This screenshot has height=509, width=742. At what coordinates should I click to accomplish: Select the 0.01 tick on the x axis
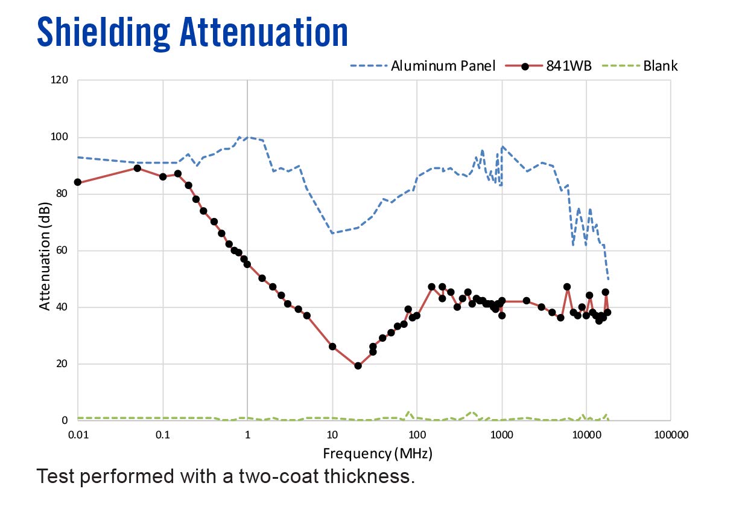pyautogui.click(x=77, y=434)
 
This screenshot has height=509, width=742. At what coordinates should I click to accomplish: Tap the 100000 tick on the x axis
pyautogui.click(x=671, y=434)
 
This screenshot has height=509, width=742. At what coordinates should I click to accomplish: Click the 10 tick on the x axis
pyautogui.click(x=332, y=434)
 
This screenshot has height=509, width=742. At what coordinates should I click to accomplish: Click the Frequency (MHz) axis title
pyautogui.click(x=377, y=453)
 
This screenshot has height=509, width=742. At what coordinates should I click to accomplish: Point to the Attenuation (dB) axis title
pyautogui.click(x=45, y=256)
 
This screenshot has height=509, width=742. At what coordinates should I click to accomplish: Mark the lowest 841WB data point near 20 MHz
pyautogui.click(x=358, y=365)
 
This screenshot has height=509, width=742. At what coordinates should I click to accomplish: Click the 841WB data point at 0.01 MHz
pyautogui.click(x=77, y=182)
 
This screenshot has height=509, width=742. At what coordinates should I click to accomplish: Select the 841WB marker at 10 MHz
pyautogui.click(x=332, y=347)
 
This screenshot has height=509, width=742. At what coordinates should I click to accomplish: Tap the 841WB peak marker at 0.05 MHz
pyautogui.click(x=137, y=168)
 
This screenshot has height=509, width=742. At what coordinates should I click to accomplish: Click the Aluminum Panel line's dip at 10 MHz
pyautogui.click(x=332, y=233)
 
